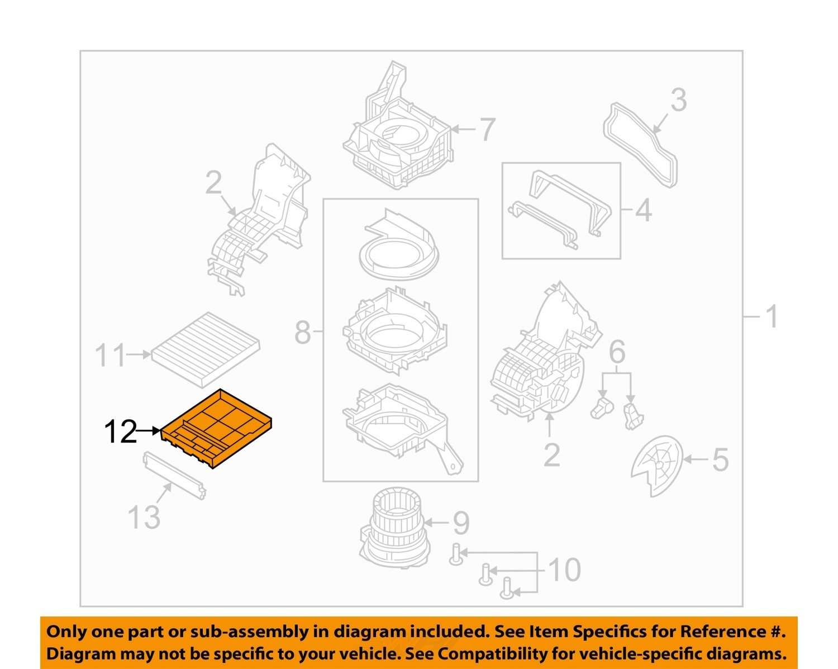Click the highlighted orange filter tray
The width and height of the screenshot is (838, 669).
217,429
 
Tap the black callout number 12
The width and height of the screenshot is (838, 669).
121,431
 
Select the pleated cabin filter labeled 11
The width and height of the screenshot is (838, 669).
205,349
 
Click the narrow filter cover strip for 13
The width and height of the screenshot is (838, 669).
174,476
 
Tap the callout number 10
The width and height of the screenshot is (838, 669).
565,570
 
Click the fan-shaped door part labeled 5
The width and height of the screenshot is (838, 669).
657,466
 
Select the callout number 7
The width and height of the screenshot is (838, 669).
487,130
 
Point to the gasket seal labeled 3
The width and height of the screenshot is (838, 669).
640,145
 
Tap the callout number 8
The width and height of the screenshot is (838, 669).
303,332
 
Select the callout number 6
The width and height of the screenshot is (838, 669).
617,352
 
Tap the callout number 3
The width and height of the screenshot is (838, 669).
678,100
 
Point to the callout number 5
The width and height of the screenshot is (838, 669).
720,460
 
